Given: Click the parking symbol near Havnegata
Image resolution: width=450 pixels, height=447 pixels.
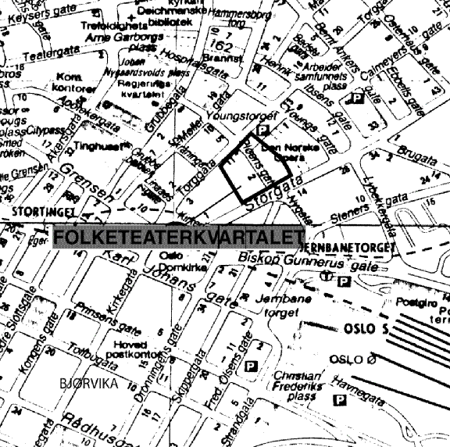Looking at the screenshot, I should tap(340, 401).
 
